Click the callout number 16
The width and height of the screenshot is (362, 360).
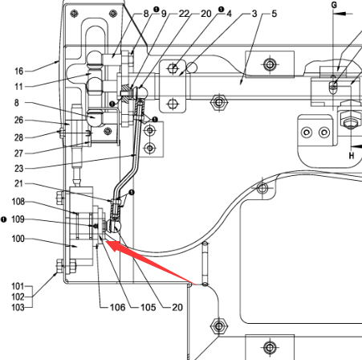[19, 72]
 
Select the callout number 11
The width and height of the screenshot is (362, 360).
[19, 87]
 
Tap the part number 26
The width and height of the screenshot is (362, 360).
[19, 121]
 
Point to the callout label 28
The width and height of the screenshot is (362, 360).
[19, 137]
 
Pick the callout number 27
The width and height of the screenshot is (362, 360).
[19, 153]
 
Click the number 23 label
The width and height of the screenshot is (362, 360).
[19, 169]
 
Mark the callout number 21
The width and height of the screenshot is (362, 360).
[19, 184]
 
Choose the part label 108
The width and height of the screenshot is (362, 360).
[18, 202]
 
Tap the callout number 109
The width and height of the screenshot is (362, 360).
[18, 219]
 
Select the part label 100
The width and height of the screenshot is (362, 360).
[18, 239]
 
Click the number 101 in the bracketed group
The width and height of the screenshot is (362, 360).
[18, 286]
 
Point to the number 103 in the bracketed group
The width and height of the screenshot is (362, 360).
[18, 307]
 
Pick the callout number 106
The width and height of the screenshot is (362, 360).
[118, 307]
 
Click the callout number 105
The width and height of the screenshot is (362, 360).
[148, 307]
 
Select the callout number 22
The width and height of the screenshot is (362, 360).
[184, 14]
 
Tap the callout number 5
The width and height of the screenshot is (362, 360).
[275, 14]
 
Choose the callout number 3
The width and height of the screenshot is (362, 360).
[254, 14]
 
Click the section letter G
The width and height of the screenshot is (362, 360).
[334, 5]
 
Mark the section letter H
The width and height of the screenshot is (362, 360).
[352, 155]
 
